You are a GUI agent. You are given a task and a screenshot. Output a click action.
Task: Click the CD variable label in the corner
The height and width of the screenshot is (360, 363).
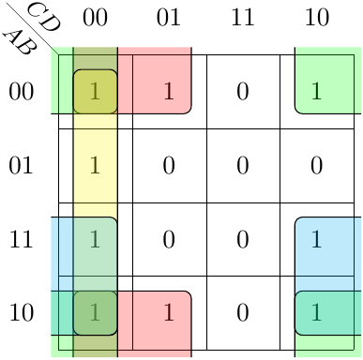click(x=44, y=16)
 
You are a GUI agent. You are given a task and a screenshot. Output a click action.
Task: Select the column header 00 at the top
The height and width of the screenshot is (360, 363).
click(x=95, y=18)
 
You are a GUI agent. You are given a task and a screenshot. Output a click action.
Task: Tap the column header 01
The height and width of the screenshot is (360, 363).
click(x=169, y=18)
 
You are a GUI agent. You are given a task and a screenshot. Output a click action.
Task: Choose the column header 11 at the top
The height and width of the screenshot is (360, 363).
click(x=243, y=18)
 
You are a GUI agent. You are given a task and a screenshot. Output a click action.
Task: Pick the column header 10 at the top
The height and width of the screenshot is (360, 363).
click(x=317, y=18)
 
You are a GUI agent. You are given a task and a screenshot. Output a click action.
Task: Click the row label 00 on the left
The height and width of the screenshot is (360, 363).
click(x=21, y=92)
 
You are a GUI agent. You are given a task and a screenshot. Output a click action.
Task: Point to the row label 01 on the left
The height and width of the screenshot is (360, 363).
click(x=21, y=165)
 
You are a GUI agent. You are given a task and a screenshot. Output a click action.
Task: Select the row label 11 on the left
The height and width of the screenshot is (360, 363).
click(x=21, y=239)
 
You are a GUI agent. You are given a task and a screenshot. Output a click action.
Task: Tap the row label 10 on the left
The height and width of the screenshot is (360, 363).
click(x=21, y=313)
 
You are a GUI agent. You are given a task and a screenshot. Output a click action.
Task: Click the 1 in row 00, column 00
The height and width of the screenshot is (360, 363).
click(x=95, y=91)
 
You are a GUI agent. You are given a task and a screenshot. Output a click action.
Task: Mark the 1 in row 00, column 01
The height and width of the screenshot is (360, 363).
click(x=169, y=91)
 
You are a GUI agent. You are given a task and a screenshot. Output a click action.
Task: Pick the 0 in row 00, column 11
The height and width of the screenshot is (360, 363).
click(x=243, y=92)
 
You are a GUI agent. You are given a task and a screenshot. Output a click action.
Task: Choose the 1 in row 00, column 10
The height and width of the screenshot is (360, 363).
click(x=316, y=91)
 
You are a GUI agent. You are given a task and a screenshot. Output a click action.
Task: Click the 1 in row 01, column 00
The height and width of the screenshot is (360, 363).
click(x=95, y=165)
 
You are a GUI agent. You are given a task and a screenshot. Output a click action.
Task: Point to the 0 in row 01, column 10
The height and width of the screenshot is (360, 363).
click(x=316, y=165)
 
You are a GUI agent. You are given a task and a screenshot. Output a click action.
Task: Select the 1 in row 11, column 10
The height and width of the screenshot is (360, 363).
click(x=316, y=239)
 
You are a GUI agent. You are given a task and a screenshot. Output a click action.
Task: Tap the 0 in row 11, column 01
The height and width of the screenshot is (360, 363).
click(x=169, y=239)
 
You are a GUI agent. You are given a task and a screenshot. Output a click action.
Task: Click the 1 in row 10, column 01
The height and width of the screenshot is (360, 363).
click(x=169, y=312)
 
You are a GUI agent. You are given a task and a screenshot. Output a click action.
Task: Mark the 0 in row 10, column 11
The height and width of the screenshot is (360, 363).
click(x=243, y=313)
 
